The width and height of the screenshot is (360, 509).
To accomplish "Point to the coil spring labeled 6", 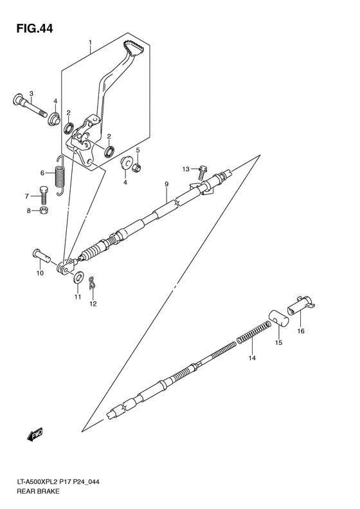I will click(60, 176).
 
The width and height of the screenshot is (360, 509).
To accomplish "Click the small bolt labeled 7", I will click(43, 192).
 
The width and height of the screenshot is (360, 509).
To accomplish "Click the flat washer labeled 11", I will click(78, 277).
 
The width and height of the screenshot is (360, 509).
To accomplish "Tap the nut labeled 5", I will click(136, 168).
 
